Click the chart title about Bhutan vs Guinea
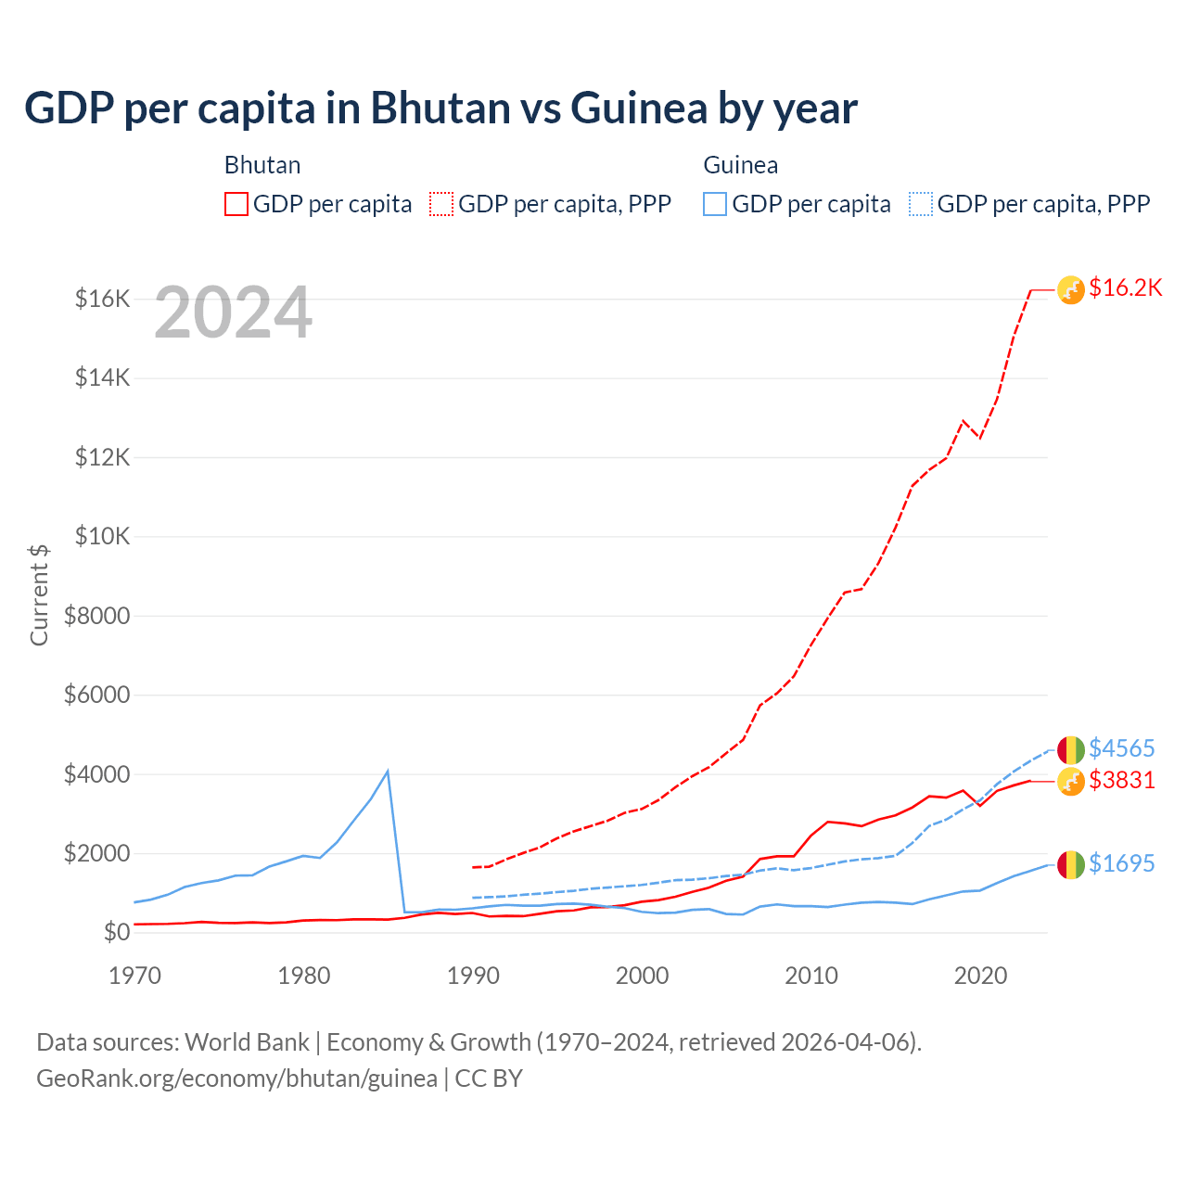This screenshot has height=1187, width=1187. click(440, 108)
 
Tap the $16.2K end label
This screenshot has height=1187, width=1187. click(1125, 287)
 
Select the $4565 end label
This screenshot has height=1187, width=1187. click(1121, 748)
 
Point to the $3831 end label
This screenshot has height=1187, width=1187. click(1121, 780)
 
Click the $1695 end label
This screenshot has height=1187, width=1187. click(1121, 863)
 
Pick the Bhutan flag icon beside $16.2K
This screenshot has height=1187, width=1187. click(1071, 290)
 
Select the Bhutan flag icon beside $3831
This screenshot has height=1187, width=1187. click(1071, 782)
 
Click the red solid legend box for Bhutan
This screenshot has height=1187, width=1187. click(236, 204)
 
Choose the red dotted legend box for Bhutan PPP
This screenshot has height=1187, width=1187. click(441, 204)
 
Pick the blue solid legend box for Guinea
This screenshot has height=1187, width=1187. click(715, 204)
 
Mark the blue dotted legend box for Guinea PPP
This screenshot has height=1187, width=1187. click(921, 204)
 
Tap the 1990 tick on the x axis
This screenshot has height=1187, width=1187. click(473, 976)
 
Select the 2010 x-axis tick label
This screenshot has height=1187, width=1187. click(811, 976)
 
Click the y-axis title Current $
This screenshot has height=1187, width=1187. click(39, 594)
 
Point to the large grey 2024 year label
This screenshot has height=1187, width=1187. click(233, 313)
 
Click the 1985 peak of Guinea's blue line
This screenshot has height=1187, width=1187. click(388, 772)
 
